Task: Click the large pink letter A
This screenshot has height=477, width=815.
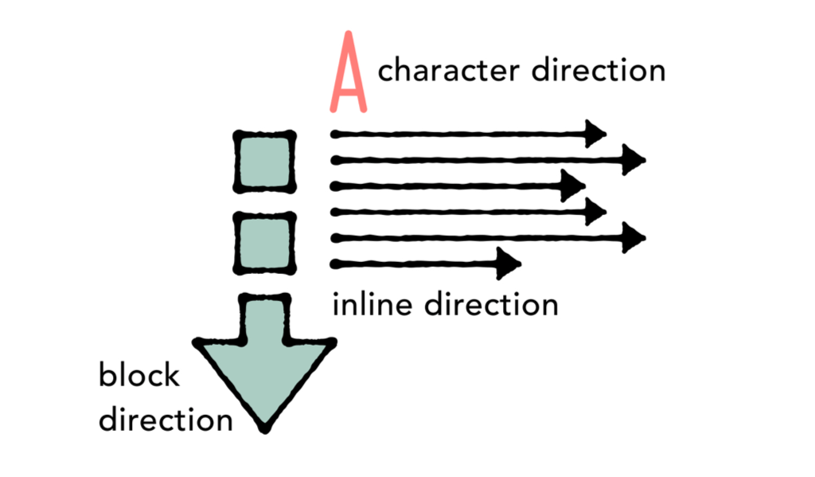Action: coord(347,73)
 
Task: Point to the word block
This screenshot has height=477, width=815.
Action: coord(139,374)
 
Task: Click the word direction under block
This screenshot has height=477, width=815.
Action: coord(166,419)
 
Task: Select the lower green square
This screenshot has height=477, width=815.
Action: coord(264,242)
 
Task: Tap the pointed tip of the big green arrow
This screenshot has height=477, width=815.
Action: coord(266,428)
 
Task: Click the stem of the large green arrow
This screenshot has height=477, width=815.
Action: coord(265,319)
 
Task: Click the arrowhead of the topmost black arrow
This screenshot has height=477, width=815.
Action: coord(595,134)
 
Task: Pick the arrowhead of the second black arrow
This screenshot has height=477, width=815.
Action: coord(634,160)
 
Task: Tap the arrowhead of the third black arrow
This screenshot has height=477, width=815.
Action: coord(573,186)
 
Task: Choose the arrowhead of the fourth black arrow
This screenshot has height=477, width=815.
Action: coord(595,212)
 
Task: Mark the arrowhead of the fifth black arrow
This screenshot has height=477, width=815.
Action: coord(634,237)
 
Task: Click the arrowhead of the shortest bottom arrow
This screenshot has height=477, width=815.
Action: coord(509,264)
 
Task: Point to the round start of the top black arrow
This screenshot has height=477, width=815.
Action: coord(335,133)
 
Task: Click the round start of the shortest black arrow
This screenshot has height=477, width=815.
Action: coord(335,264)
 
